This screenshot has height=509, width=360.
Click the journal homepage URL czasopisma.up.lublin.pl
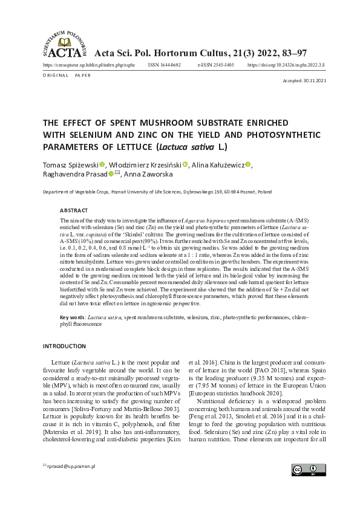click(x=87, y=63)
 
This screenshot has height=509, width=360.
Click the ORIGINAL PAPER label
click(x=67, y=75)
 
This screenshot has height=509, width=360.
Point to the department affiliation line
click(x=157, y=192)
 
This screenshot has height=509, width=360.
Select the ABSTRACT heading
click(x=74, y=210)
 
